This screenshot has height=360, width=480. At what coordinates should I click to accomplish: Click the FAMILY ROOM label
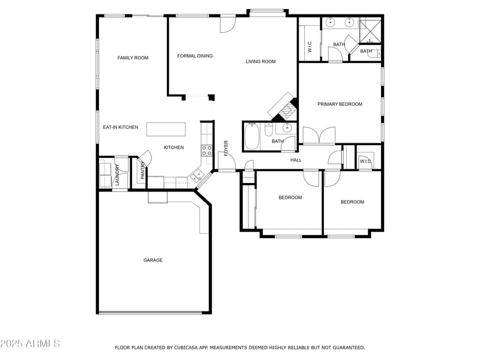point(133,58)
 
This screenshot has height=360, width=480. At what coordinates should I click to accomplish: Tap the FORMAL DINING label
point(195,56)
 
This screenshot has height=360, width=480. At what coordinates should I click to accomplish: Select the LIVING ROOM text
point(260,61)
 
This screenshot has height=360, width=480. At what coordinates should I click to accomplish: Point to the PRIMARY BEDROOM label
point(340,104)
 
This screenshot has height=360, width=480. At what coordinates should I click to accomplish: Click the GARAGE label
point(153,260)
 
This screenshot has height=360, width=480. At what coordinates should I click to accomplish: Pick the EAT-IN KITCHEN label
point(121,127)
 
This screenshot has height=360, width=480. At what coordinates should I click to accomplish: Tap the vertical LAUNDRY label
point(118,174)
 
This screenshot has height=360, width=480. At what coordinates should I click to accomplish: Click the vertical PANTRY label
point(143,172)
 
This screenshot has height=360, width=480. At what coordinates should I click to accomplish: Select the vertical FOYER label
point(226,148)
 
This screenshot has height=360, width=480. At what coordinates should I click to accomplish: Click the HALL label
point(296,160)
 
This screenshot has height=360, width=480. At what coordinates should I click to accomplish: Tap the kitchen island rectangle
point(166,130)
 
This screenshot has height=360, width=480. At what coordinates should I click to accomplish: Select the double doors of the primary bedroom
point(319,136)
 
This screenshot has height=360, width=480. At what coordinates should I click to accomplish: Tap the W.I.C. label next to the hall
point(365,161)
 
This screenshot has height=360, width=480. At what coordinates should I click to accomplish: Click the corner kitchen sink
point(196,175)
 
